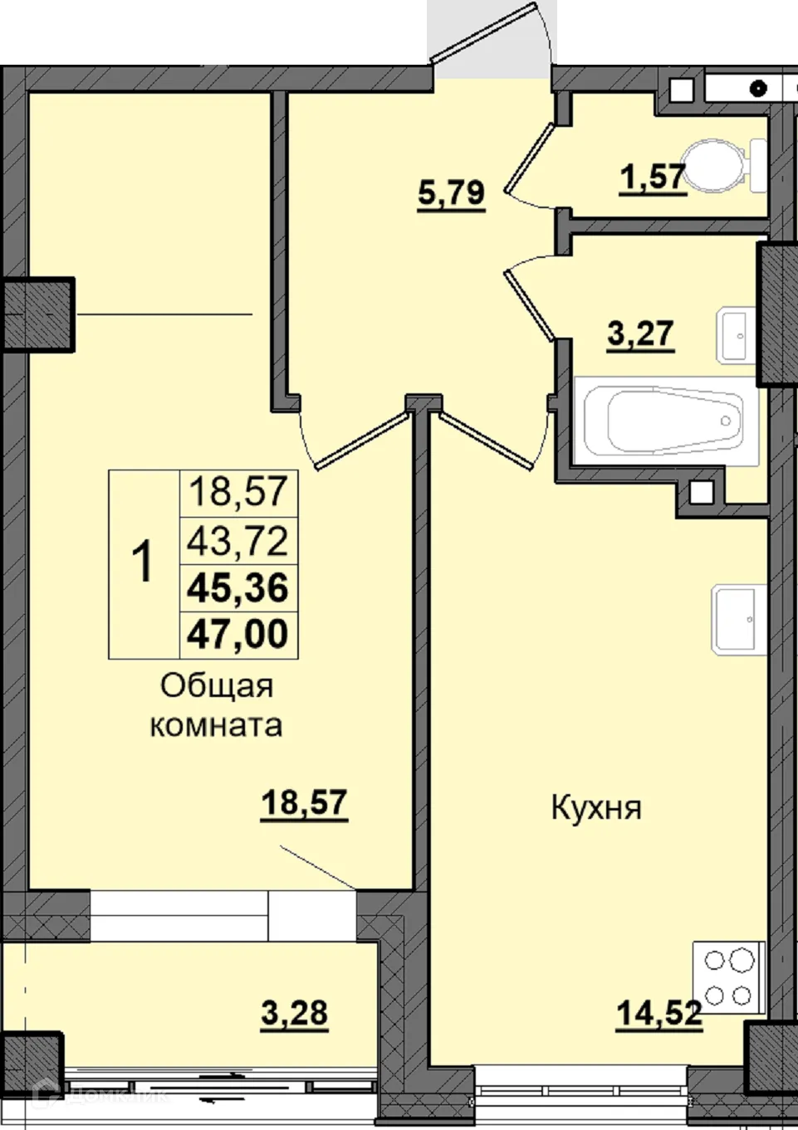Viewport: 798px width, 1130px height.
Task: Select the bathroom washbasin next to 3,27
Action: tap(736, 335)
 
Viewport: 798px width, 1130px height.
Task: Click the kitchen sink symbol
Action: tap(739, 620)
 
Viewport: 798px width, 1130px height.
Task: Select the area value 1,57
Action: tap(653, 178)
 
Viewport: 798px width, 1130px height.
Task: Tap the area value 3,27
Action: tap(640, 334)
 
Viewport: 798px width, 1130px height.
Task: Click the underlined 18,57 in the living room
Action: tap(304, 803)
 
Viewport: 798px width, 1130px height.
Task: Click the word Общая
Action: tap(217, 687)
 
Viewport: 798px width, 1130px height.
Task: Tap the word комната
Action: tap(216, 727)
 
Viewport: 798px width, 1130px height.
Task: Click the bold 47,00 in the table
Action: tap(237, 634)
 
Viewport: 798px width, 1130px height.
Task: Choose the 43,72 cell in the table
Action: tap(237, 541)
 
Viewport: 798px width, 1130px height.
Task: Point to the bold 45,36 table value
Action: tap(237, 587)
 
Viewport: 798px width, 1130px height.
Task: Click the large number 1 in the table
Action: tap(143, 561)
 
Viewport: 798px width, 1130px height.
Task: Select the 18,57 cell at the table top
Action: tap(237, 492)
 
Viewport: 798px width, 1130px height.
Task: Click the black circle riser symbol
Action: tap(758, 89)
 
